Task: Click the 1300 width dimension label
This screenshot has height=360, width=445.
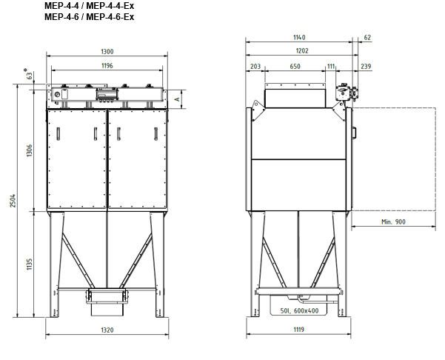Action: (x=107, y=52)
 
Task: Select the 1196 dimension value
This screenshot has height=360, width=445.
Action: (x=107, y=66)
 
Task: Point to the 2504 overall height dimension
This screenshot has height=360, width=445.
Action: (x=13, y=201)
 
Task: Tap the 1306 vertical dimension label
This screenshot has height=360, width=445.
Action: (x=30, y=150)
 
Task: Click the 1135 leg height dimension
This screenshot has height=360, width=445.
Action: (x=30, y=264)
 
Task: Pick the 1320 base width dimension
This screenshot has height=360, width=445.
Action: (x=107, y=330)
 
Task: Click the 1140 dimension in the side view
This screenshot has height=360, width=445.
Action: (x=299, y=38)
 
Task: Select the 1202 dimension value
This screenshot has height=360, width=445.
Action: (x=302, y=51)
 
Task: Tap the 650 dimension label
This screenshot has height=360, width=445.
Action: (x=295, y=67)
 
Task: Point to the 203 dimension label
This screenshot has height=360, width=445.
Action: (x=255, y=67)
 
